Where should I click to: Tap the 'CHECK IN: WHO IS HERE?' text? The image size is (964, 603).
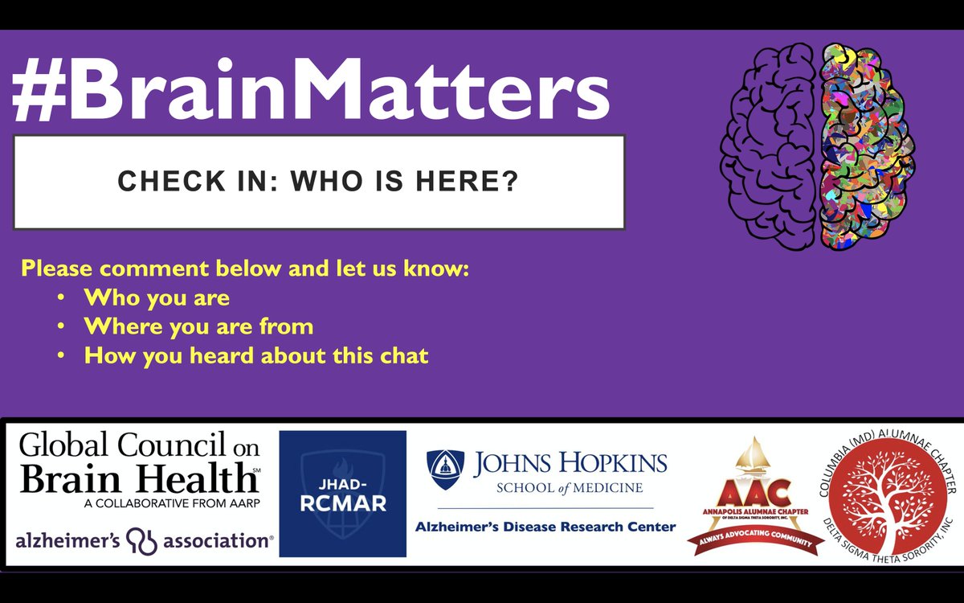pyautogui.click(x=318, y=181)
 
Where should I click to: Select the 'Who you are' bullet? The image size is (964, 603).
pyautogui.click(x=157, y=297)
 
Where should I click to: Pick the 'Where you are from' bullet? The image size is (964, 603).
pyautogui.click(x=198, y=326)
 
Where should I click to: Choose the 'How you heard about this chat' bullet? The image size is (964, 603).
pyautogui.click(x=256, y=355)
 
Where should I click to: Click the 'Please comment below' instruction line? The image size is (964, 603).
pyautogui.click(x=245, y=269)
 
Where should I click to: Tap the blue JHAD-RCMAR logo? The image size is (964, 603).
pyautogui.click(x=343, y=494)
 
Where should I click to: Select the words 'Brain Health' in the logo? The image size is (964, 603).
pyautogui.click(x=138, y=480)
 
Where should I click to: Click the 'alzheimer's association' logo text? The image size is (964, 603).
pyautogui.click(x=145, y=540)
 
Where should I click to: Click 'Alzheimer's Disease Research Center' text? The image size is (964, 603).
pyautogui.click(x=545, y=527)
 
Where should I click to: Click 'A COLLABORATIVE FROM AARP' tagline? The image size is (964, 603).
pyautogui.click(x=139, y=504)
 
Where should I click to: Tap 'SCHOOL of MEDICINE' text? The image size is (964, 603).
pyautogui.click(x=570, y=488)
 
